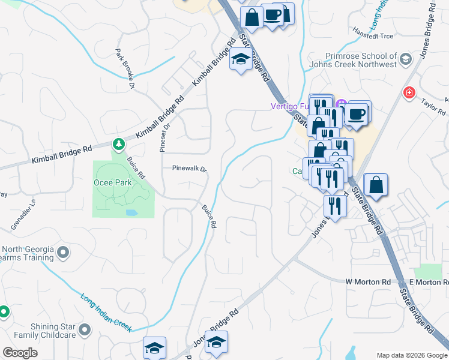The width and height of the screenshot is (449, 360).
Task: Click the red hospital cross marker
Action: click(x=409, y=93)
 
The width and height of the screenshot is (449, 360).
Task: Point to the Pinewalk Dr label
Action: click(x=189, y=169)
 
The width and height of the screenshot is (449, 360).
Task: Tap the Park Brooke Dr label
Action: click(x=125, y=69)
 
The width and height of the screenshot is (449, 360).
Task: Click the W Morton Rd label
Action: click(x=368, y=281)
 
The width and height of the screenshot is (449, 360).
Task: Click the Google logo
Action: click(x=20, y=353)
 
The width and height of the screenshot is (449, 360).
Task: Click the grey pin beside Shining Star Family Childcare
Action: click(x=85, y=329)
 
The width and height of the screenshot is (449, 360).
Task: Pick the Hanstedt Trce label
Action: click(x=373, y=36)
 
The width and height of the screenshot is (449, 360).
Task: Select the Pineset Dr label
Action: click(x=164, y=137)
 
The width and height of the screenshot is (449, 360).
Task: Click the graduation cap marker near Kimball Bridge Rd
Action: click(x=241, y=60)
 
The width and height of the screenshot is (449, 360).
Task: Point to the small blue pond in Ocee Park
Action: click(x=131, y=212)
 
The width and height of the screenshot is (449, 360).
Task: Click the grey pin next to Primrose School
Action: click(x=406, y=59)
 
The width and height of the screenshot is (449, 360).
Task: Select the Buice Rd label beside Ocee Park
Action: click(x=136, y=167)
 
